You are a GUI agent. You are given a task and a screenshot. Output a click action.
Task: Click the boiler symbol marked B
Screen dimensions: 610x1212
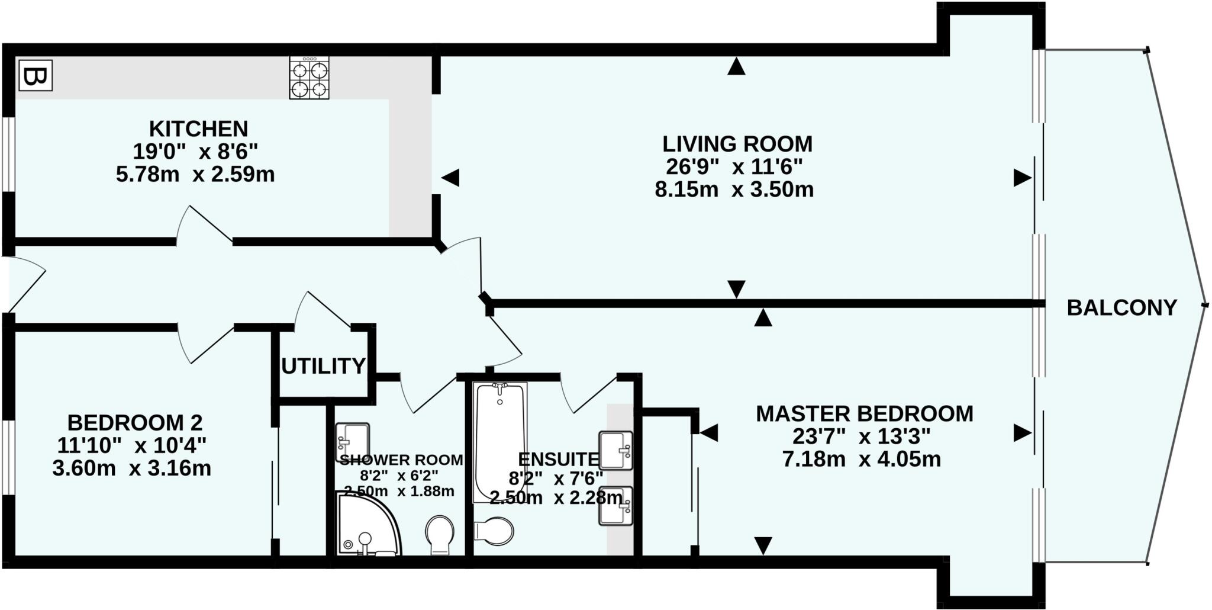36,76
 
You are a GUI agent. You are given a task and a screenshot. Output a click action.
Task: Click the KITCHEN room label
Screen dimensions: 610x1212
198,129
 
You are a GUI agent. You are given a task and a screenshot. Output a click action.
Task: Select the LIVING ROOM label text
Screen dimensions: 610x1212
737,144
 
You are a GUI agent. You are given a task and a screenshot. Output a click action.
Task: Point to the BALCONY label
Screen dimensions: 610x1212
1121,308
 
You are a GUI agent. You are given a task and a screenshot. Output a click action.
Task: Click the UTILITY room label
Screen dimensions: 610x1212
323,367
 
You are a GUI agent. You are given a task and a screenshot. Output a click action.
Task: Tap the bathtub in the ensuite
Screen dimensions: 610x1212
500,441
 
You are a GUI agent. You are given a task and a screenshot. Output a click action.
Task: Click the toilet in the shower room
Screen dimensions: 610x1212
440,535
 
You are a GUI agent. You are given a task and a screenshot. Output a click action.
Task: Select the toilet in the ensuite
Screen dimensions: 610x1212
494,531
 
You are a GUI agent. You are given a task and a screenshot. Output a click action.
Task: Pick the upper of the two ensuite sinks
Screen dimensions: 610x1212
615,450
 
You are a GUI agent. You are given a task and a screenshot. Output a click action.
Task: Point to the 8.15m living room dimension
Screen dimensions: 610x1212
686,190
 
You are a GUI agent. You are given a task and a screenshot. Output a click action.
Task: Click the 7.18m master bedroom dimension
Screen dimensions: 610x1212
813,459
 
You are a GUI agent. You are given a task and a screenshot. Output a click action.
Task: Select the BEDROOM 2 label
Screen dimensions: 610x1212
135,423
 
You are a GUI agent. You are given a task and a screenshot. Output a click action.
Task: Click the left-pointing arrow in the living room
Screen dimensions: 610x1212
451,178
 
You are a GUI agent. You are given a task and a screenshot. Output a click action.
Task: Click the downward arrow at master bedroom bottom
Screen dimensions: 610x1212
763,545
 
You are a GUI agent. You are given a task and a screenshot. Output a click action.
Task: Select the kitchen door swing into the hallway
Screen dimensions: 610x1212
204,225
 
